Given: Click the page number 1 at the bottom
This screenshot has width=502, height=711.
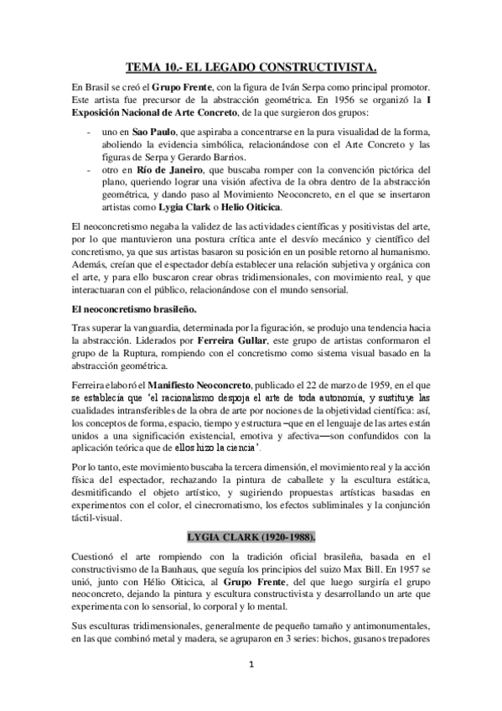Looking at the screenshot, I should (x=251, y=689).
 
